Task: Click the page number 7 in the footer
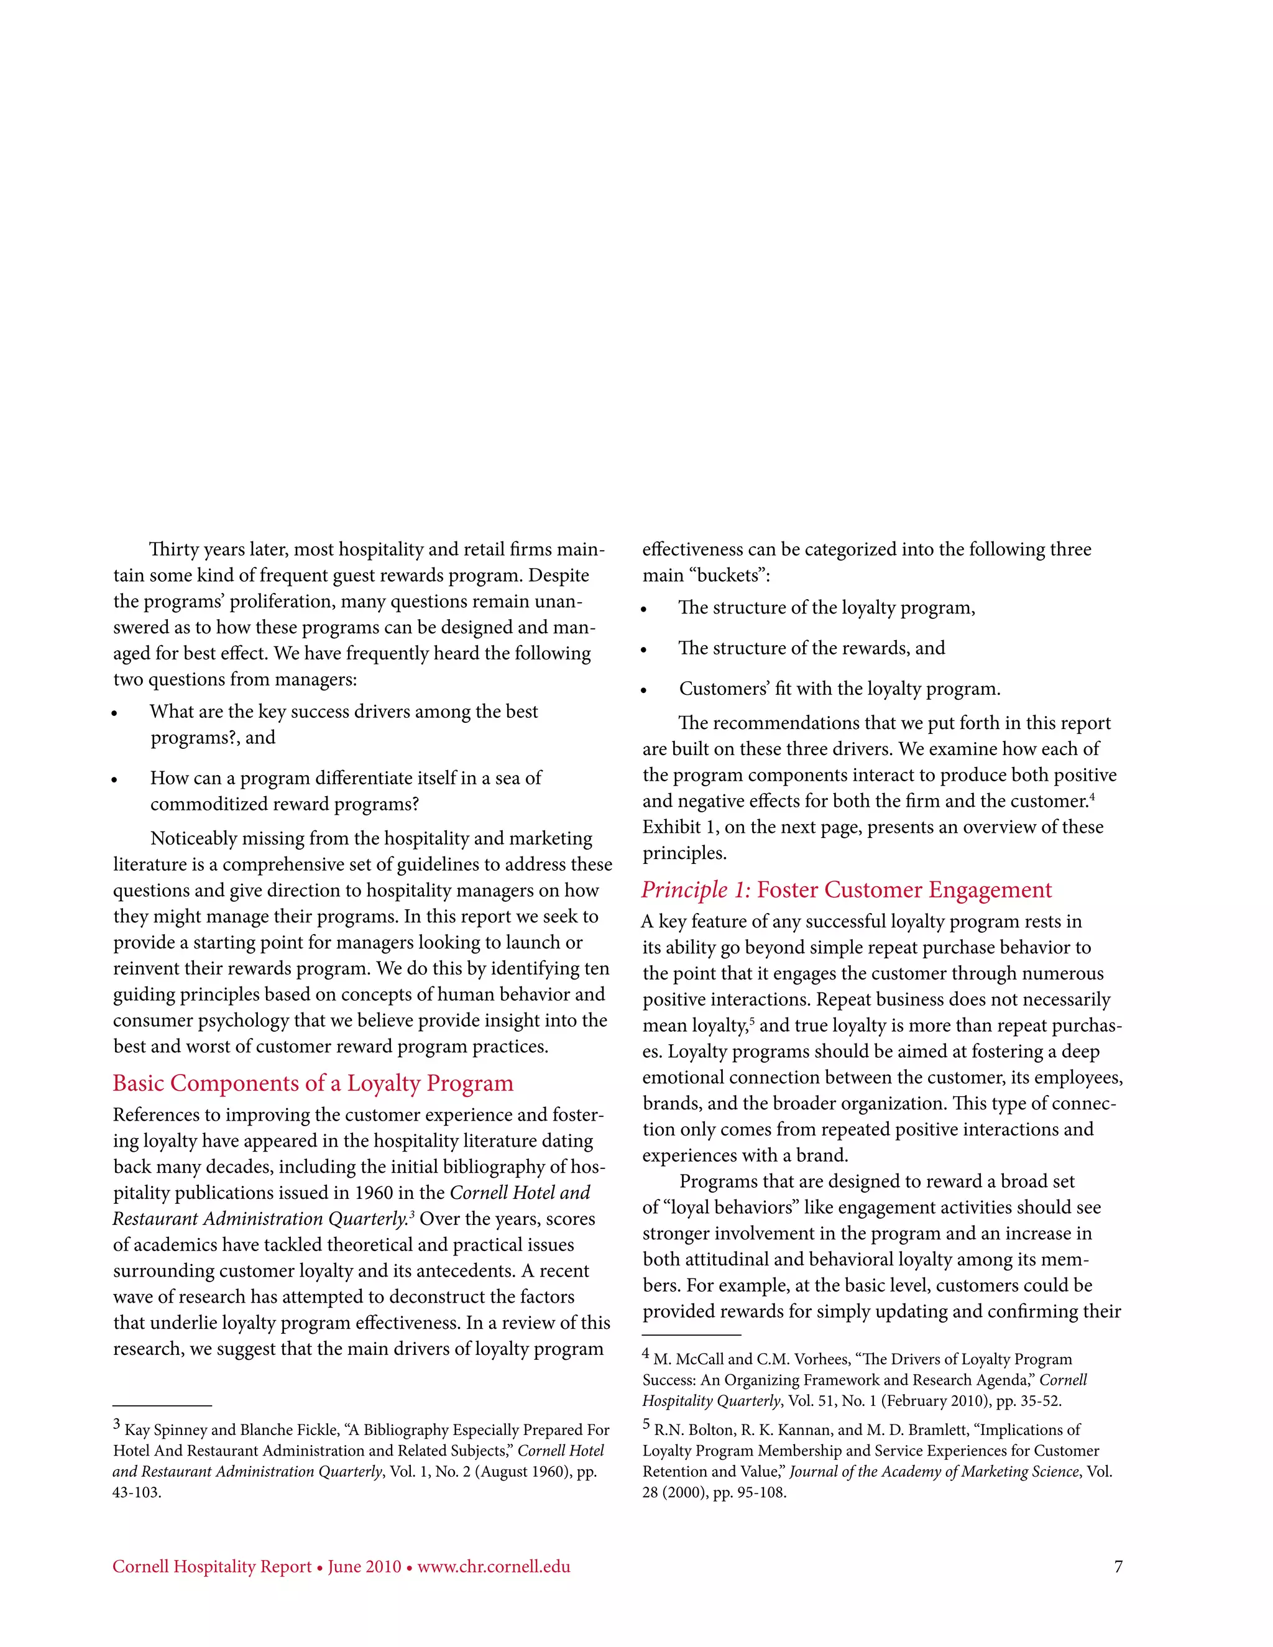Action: [1118, 1567]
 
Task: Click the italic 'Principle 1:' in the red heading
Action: [696, 890]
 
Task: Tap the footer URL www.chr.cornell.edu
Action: [494, 1567]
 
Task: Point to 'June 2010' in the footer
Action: [364, 1567]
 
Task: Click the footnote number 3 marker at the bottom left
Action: [117, 1424]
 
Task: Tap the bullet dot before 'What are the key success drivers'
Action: [114, 714]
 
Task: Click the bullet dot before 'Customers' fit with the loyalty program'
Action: [644, 690]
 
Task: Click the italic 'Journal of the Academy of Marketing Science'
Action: [934, 1471]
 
